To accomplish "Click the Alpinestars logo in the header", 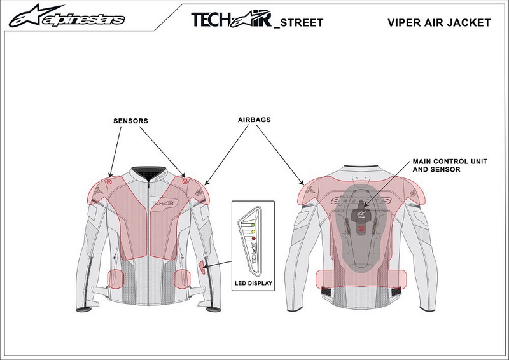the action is tap(67, 16).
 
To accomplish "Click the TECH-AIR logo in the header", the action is tap(232, 20).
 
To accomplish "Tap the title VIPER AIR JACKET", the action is tap(439, 22).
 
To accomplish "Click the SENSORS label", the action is tap(130, 121).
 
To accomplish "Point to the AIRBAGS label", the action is tap(254, 120).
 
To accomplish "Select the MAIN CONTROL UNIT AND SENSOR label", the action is tap(450, 165).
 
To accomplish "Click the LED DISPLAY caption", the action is tap(253, 283).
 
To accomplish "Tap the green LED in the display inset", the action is tap(253, 225).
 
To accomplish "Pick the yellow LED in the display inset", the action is tap(253, 232).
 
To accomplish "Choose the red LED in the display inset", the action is tap(253, 239).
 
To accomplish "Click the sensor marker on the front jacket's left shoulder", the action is tap(109, 182).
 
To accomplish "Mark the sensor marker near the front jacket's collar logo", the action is tap(185, 181).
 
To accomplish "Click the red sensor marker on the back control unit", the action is tap(361, 229).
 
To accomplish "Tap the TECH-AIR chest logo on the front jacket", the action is tap(163, 204).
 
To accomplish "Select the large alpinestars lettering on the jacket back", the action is tap(360, 200).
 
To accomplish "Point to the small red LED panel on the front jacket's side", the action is tap(202, 267).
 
